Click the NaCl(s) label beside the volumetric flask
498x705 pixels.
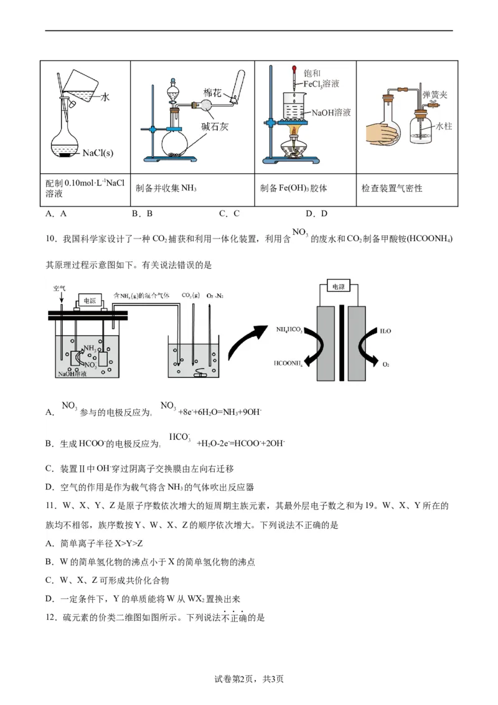pyautogui.click(x=98, y=153)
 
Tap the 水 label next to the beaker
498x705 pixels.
pyautogui.click(x=105, y=97)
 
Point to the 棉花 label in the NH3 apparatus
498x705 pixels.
pyautogui.click(x=212, y=92)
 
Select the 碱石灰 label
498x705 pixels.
pyautogui.click(x=215, y=126)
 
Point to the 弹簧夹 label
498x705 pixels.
pyautogui.click(x=435, y=95)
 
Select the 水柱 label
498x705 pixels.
pyautogui.click(x=443, y=126)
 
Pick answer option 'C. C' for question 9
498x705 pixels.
pyautogui.click(x=229, y=214)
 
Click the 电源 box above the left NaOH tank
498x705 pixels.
pyautogui.click(x=89, y=300)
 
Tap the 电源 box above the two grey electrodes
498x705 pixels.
pyautogui.click(x=338, y=287)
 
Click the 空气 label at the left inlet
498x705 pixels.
pyautogui.click(x=59, y=288)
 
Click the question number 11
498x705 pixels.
pyautogui.click(x=51, y=505)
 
